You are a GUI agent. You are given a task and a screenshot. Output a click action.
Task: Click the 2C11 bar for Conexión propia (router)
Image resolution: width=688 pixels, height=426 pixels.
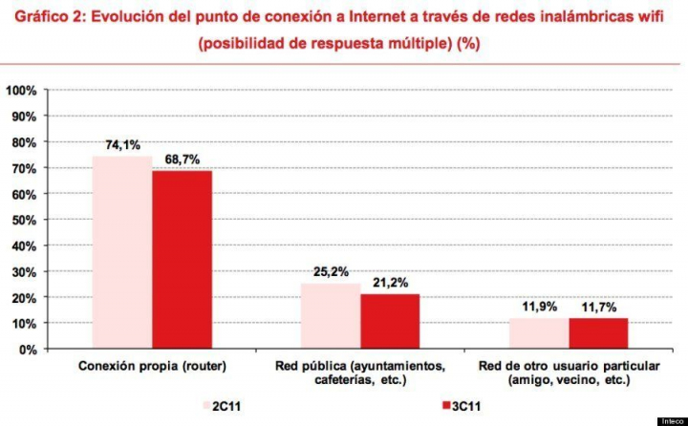click(x=122, y=253)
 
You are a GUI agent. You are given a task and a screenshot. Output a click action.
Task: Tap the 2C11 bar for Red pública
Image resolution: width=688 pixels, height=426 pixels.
click(x=331, y=316)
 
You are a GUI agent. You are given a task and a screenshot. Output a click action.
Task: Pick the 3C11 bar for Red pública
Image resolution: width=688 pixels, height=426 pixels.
click(x=390, y=322)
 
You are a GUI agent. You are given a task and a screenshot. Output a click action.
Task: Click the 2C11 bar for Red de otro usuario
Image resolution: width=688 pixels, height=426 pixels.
click(x=539, y=333)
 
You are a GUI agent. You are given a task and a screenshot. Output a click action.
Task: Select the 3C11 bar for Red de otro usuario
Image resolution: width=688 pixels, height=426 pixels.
click(x=598, y=333)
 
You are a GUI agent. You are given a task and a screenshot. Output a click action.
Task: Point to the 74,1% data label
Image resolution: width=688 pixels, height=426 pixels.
click(x=123, y=145)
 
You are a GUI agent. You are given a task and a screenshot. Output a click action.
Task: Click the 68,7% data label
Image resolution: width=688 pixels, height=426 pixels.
click(x=182, y=160)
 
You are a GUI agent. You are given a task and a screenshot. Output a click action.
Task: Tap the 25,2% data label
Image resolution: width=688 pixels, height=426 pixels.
click(x=332, y=272)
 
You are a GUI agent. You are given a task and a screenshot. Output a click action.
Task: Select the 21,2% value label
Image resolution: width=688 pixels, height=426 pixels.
click(x=390, y=283)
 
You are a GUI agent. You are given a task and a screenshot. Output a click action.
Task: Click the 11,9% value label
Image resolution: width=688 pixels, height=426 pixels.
click(x=540, y=307)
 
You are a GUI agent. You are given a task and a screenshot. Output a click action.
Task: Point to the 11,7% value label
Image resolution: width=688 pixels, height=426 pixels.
click(x=598, y=307)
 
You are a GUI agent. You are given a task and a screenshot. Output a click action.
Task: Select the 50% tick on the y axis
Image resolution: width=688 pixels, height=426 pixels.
click(x=24, y=220)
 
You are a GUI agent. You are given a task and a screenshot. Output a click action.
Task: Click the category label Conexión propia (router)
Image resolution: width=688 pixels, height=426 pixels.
click(x=152, y=367)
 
